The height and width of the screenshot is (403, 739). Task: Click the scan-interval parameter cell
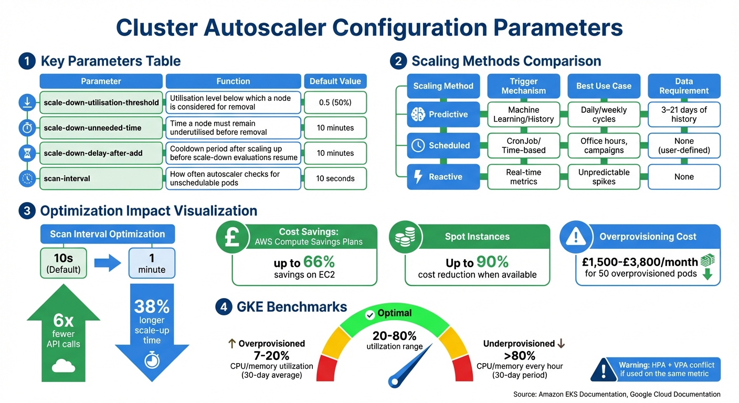101,178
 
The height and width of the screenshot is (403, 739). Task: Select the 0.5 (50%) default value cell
335,102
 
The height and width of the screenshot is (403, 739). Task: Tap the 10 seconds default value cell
335,178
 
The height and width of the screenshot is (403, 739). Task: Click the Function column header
233,81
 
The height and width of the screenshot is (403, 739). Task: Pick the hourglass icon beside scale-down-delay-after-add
27,153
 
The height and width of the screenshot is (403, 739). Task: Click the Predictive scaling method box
444,114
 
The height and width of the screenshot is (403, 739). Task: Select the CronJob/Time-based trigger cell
523,145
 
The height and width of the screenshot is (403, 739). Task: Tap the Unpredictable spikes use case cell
604,177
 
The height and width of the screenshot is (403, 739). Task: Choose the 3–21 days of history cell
684,114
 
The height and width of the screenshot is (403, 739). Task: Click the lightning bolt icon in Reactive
418,177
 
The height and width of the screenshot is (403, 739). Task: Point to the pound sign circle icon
233,238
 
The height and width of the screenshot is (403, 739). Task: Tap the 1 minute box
152,263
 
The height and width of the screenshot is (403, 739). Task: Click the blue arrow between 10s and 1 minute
107,263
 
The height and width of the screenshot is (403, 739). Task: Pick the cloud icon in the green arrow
63,366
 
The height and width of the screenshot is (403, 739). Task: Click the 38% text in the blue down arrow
152,306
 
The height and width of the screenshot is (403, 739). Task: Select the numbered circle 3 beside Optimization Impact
26,211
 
